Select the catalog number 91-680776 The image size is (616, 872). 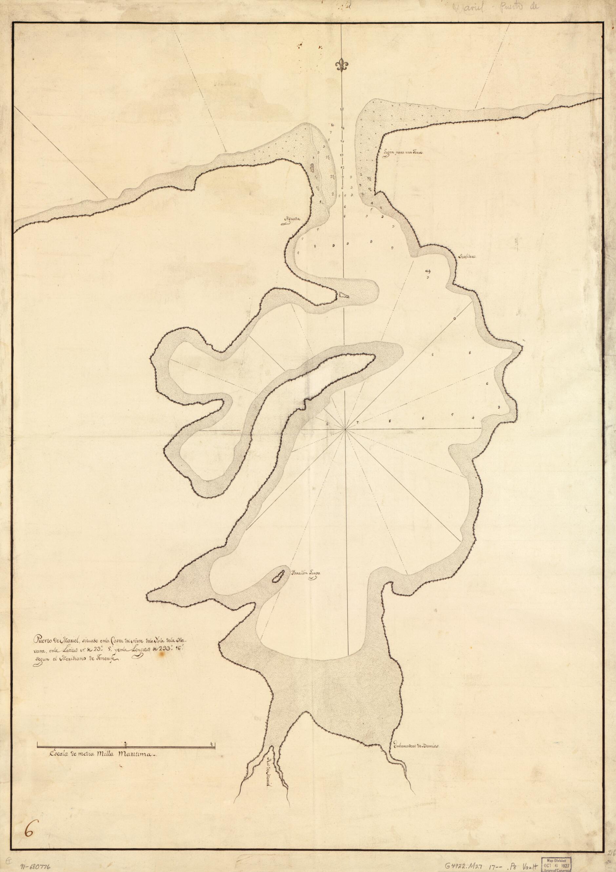(x=34, y=865)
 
